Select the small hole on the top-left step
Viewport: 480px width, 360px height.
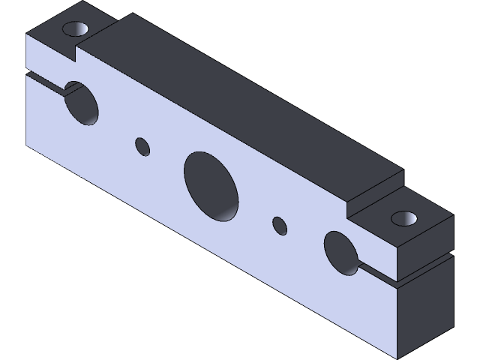click(x=76, y=30)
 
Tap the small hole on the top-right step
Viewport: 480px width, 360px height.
click(x=405, y=218)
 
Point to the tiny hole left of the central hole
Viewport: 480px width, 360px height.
click(x=142, y=146)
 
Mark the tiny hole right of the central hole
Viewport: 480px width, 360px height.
click(x=279, y=225)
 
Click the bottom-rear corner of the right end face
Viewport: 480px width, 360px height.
click(x=453, y=327)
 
